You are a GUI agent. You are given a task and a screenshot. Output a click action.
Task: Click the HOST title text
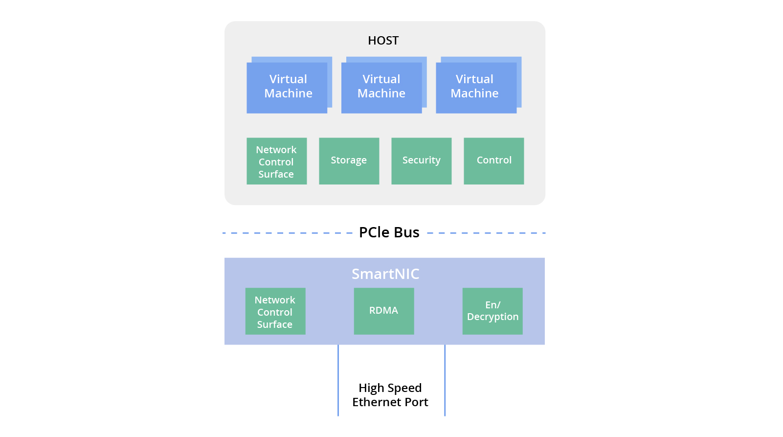(383, 41)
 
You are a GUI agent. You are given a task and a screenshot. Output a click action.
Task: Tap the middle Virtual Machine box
(381, 87)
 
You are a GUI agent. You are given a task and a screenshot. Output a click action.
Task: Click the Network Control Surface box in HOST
(276, 161)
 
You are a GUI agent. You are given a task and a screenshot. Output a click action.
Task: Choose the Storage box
(349, 161)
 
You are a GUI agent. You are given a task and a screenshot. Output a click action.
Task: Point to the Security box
(421, 161)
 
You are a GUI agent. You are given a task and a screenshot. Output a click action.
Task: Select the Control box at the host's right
(493, 161)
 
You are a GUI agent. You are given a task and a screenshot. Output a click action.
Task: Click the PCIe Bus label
(389, 232)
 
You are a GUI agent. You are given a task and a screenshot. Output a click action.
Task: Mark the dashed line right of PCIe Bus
(486, 233)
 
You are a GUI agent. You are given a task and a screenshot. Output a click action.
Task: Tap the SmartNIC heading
(385, 274)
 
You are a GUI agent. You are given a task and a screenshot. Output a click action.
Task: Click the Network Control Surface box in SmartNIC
(275, 312)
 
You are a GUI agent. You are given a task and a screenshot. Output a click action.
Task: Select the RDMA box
(384, 311)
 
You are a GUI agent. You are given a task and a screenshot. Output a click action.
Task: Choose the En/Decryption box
(492, 311)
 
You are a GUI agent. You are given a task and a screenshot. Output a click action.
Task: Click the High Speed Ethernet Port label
(390, 395)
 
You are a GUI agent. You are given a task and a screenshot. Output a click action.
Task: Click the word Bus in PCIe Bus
(406, 232)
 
